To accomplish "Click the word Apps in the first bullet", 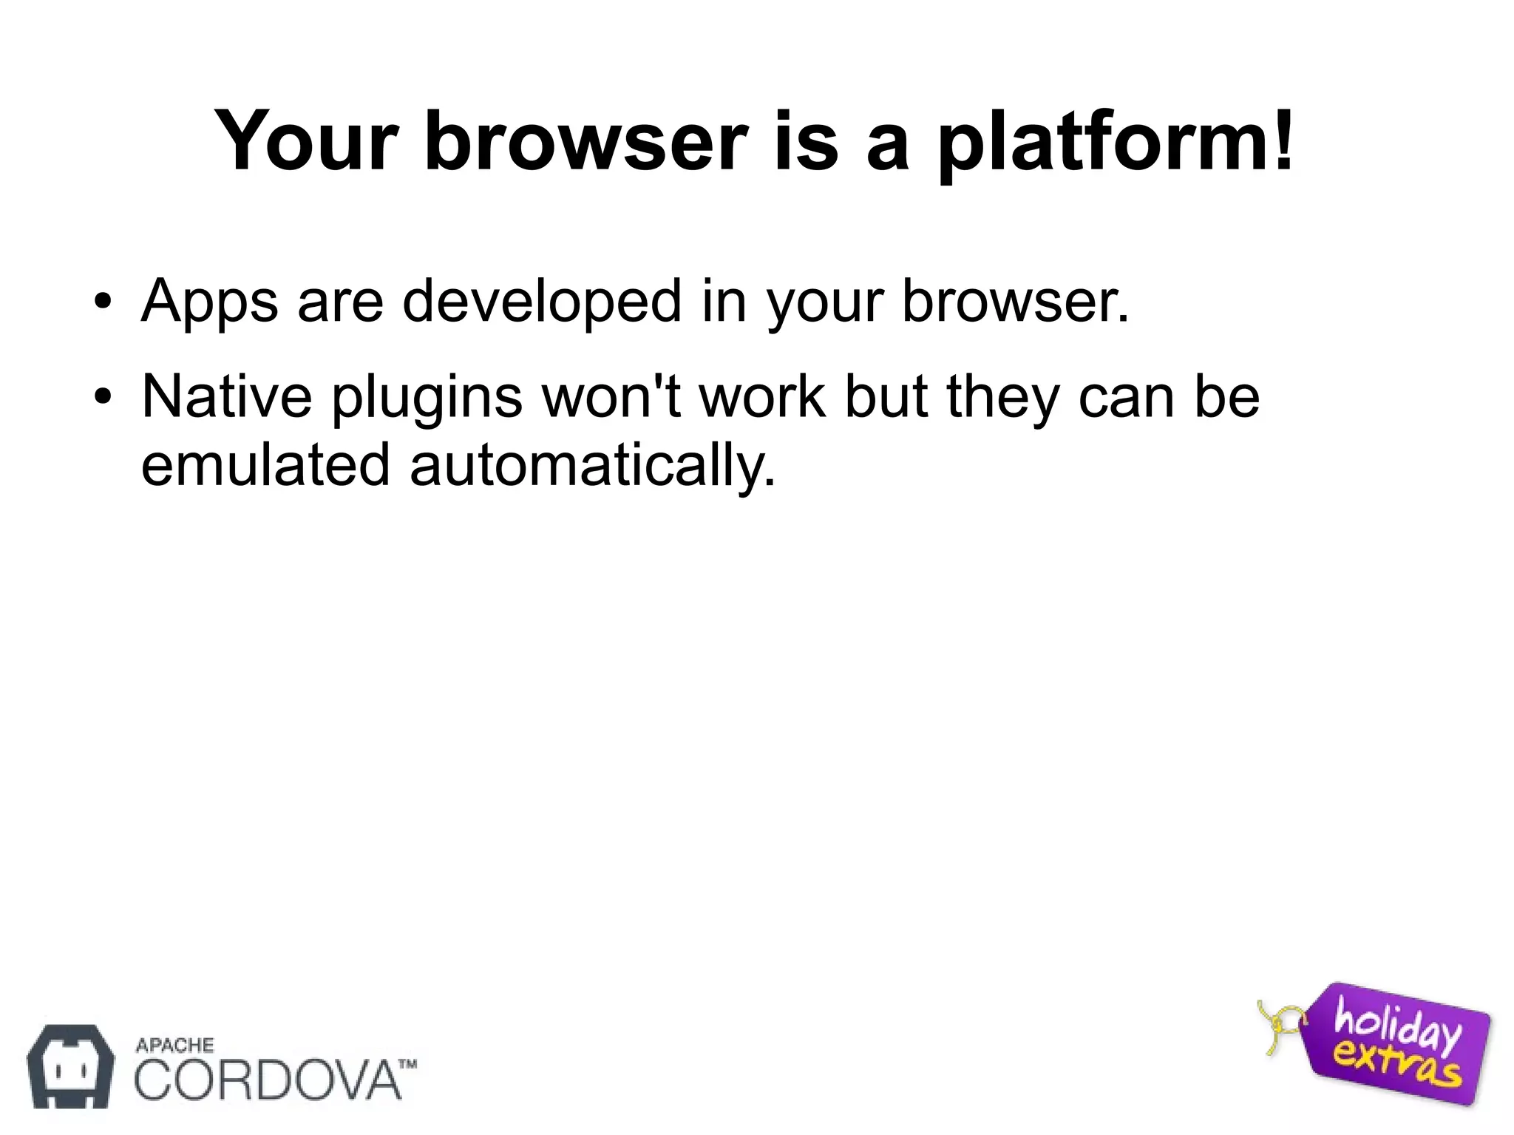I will coord(210,302).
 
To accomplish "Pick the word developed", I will coord(541,302).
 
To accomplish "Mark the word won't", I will coord(611,396).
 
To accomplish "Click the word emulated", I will coord(265,464).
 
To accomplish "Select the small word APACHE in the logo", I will coord(174,1045).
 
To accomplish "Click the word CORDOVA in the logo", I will coord(266,1080).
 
